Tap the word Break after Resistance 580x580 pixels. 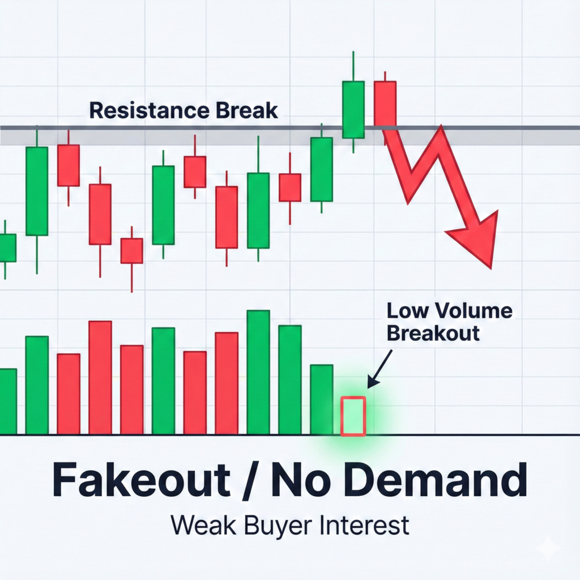pos(247,110)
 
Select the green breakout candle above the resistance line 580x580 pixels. pos(353,109)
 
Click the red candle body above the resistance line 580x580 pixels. pos(385,103)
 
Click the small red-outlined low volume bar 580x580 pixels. pos(353,416)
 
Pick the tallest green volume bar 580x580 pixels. pos(258,372)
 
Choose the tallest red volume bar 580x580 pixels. pos(100,377)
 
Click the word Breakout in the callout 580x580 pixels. pos(433,333)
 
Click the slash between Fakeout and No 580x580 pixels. pos(250,480)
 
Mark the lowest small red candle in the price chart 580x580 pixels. pos(132,250)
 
